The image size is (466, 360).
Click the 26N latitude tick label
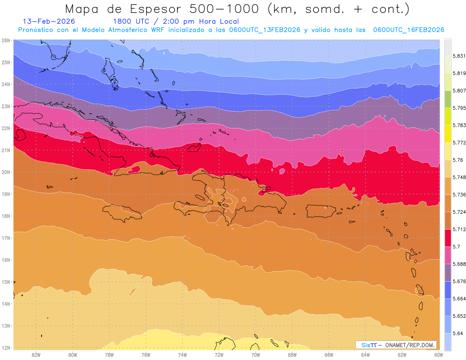click(x=6, y=40)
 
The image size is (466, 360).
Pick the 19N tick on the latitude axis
click(x=6, y=194)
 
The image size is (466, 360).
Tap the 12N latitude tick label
click(x=6, y=348)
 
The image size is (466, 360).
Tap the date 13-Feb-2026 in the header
click(x=49, y=22)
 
